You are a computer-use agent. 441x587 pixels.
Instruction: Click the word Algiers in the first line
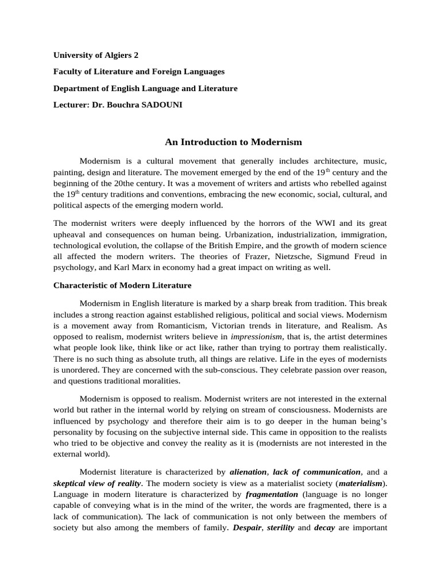tap(115, 56)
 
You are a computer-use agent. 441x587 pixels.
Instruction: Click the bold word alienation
tap(247, 472)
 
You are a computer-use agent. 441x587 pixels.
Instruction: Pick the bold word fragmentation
tap(272, 494)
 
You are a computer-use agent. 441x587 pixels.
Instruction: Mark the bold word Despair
tap(245, 527)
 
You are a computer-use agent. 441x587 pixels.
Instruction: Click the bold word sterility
tap(280, 527)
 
